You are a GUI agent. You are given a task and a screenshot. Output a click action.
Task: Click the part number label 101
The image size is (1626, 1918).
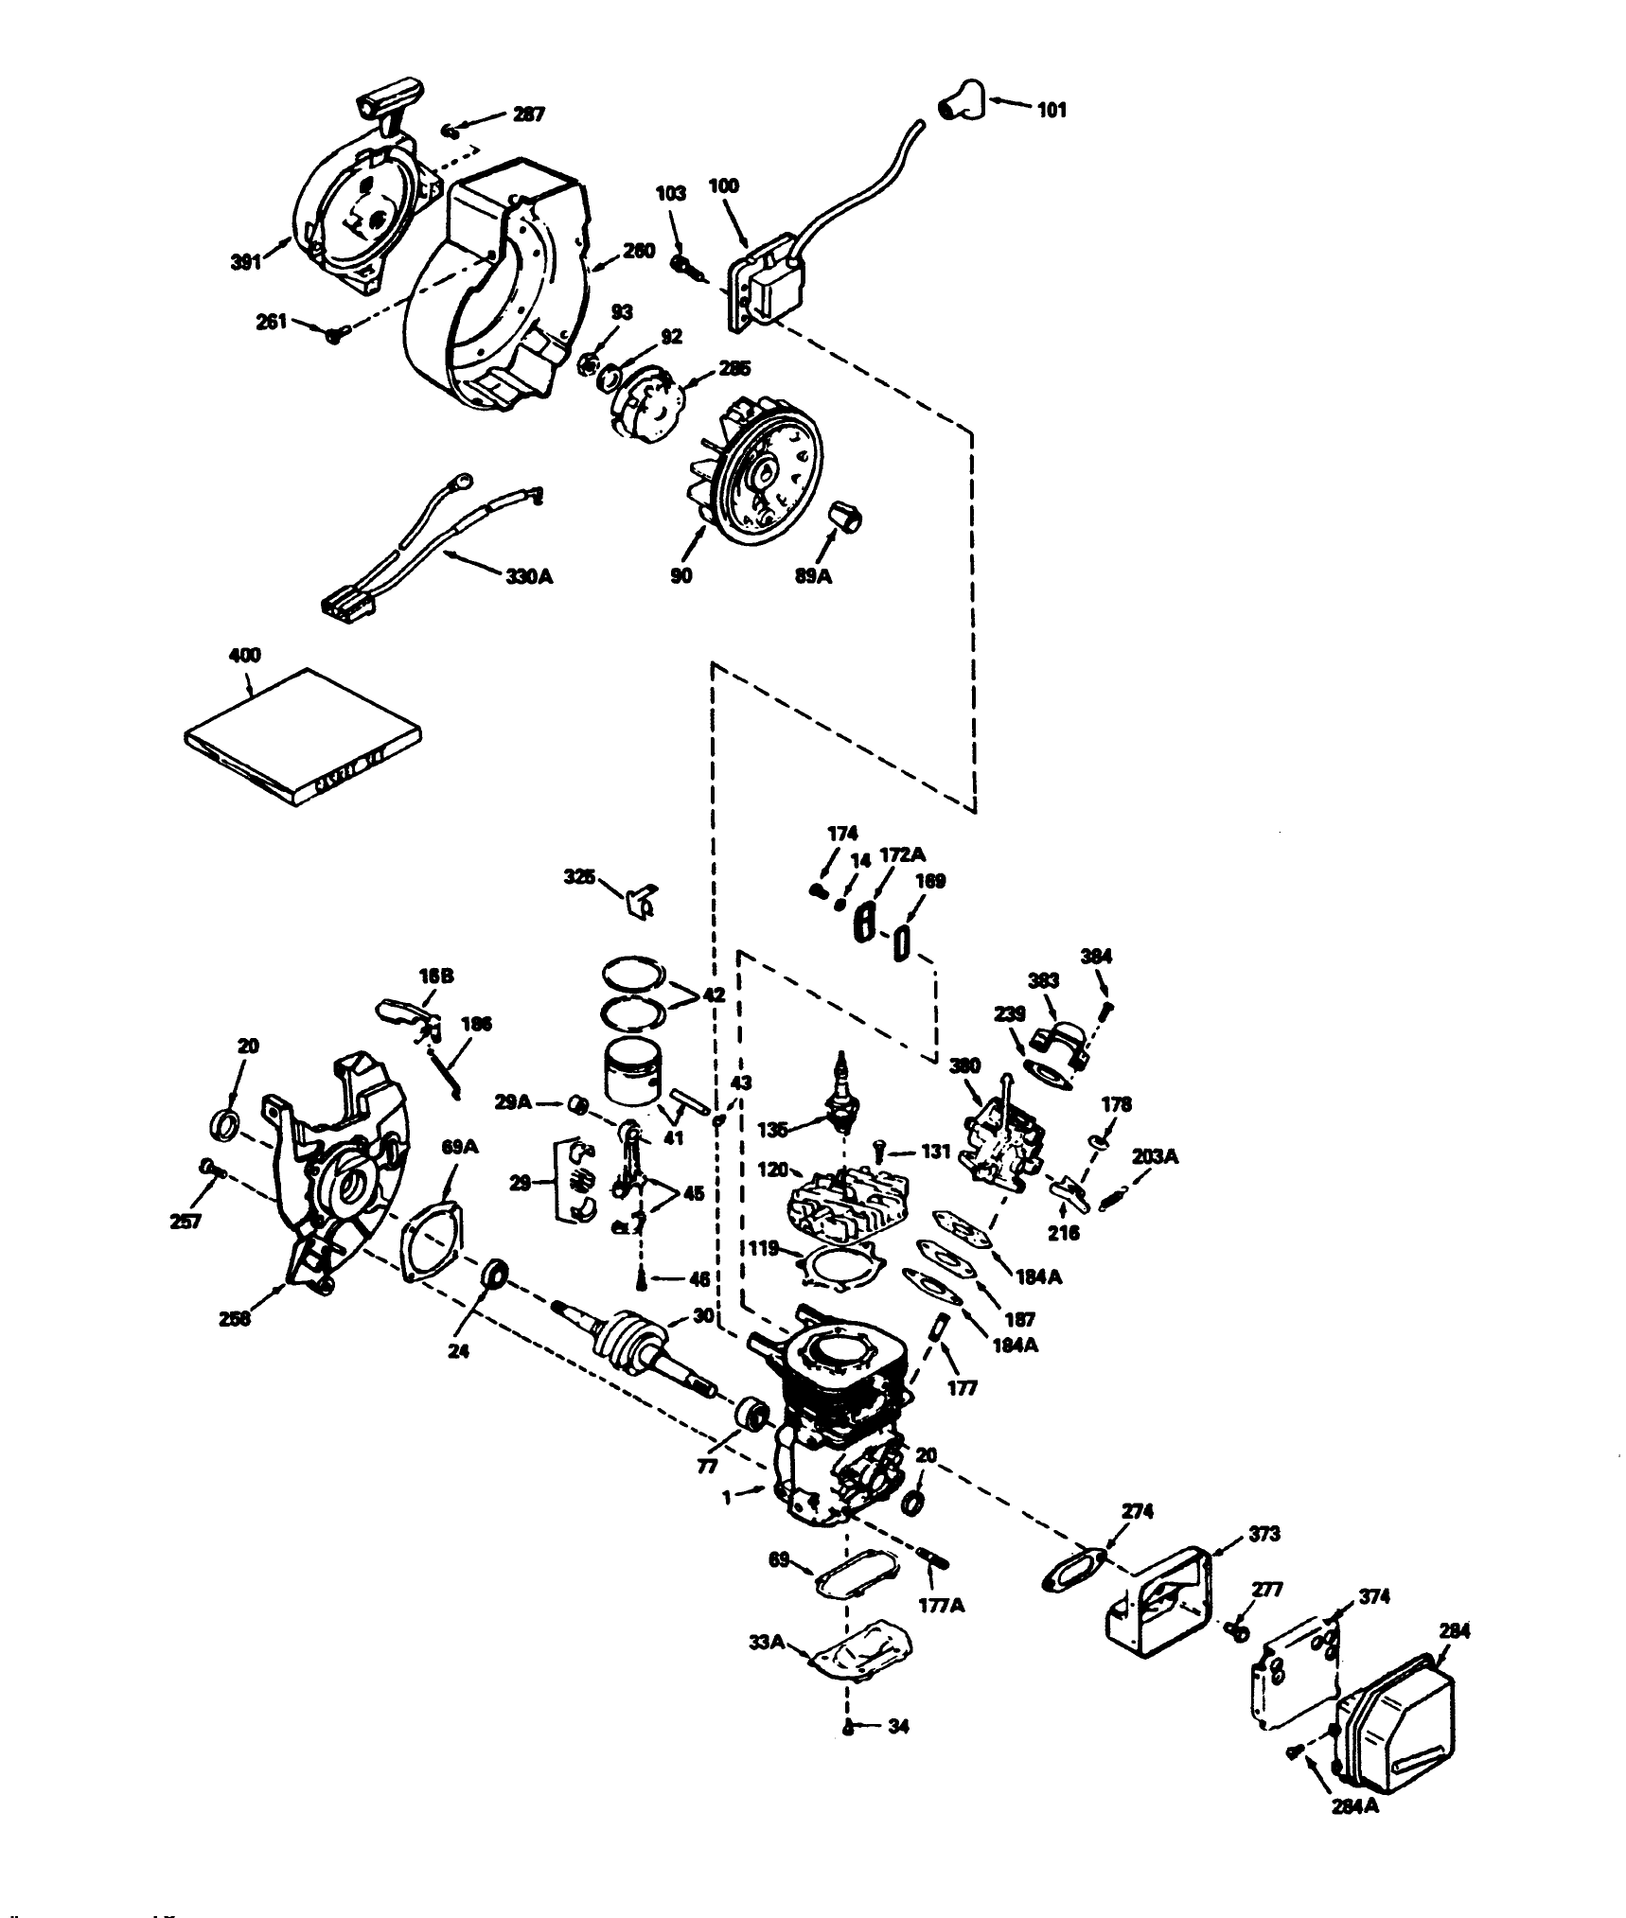pyautogui.click(x=1052, y=110)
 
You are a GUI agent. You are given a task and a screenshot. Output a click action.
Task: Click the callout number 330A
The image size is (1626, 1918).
pyautogui.click(x=528, y=575)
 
